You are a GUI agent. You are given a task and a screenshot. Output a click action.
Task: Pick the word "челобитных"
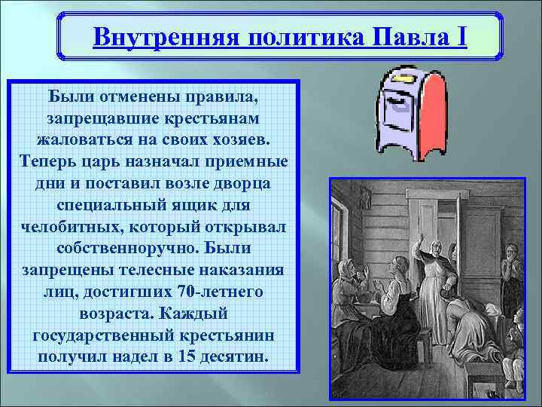pyautogui.click(x=78, y=226)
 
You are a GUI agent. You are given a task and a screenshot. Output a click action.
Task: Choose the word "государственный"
pyautogui.click(x=102, y=333)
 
